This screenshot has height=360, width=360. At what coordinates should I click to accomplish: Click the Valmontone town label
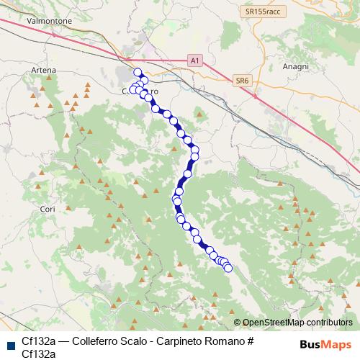pos(48,22)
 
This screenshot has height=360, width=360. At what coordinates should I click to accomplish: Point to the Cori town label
pos(48,209)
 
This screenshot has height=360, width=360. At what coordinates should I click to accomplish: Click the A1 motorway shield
pos(194,62)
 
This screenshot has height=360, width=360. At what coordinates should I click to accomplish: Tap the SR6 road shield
pos(241,82)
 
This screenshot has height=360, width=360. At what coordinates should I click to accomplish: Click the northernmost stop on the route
pos(138,72)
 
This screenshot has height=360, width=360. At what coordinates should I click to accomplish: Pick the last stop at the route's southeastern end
pos(229,269)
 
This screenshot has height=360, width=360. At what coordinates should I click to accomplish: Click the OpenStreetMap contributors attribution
pos(293,323)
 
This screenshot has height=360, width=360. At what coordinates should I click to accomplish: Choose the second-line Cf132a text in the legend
pos(39,354)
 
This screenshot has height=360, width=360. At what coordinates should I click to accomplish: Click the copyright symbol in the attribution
pos(238,323)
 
